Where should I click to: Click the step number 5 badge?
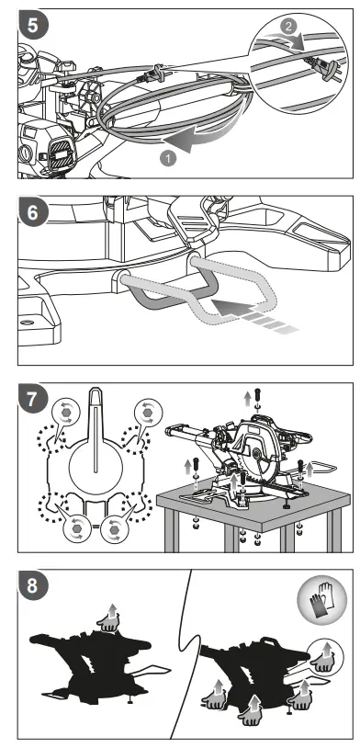32,24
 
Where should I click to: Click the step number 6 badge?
32,212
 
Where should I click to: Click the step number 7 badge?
32,399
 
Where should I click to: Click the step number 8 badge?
32,585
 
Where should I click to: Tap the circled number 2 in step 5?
288,27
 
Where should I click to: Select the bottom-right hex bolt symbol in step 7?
113,529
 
